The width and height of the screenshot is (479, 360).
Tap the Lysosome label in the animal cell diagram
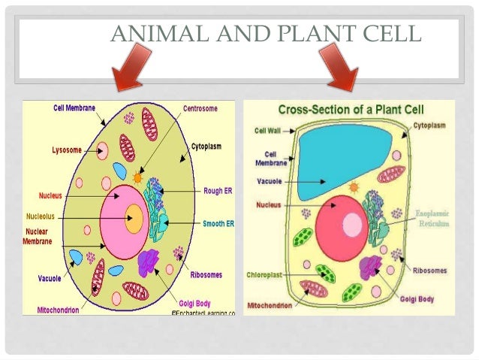66,150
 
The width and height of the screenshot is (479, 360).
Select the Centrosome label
200,108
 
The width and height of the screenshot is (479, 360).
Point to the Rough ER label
218,191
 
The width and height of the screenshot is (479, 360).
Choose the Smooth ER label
218,224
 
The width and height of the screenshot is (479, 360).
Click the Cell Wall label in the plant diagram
267,130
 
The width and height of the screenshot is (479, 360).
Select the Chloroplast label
264,275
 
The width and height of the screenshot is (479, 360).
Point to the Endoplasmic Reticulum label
433,219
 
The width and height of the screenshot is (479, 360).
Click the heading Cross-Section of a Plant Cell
349,110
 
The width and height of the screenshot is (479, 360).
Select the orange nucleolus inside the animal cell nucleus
134,219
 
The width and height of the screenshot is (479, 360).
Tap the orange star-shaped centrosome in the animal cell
137,177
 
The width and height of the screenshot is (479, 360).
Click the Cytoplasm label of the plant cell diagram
429,125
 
